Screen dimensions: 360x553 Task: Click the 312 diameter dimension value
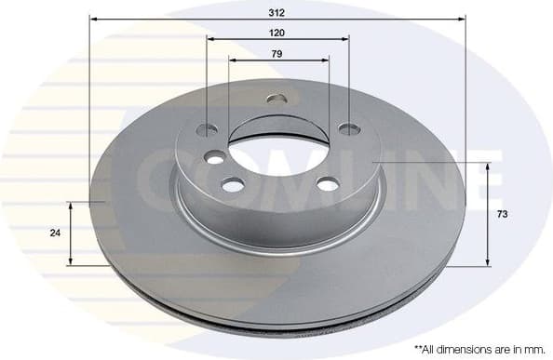pos(277,8)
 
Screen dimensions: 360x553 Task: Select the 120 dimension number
pos(277,32)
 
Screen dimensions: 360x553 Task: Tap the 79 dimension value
pos(277,53)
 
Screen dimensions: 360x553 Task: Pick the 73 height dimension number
pos(502,215)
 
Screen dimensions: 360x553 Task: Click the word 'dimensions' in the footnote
pos(463,348)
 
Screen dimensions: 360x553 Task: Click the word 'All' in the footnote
pos(430,348)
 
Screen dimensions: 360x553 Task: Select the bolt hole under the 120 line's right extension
pos(348,128)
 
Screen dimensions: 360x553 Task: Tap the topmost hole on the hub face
pos(276,99)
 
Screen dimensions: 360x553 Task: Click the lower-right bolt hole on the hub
pos(328,184)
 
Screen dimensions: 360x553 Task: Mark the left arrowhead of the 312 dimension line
pos(93,18)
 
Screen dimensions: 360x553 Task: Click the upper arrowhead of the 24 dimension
pos(71,204)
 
